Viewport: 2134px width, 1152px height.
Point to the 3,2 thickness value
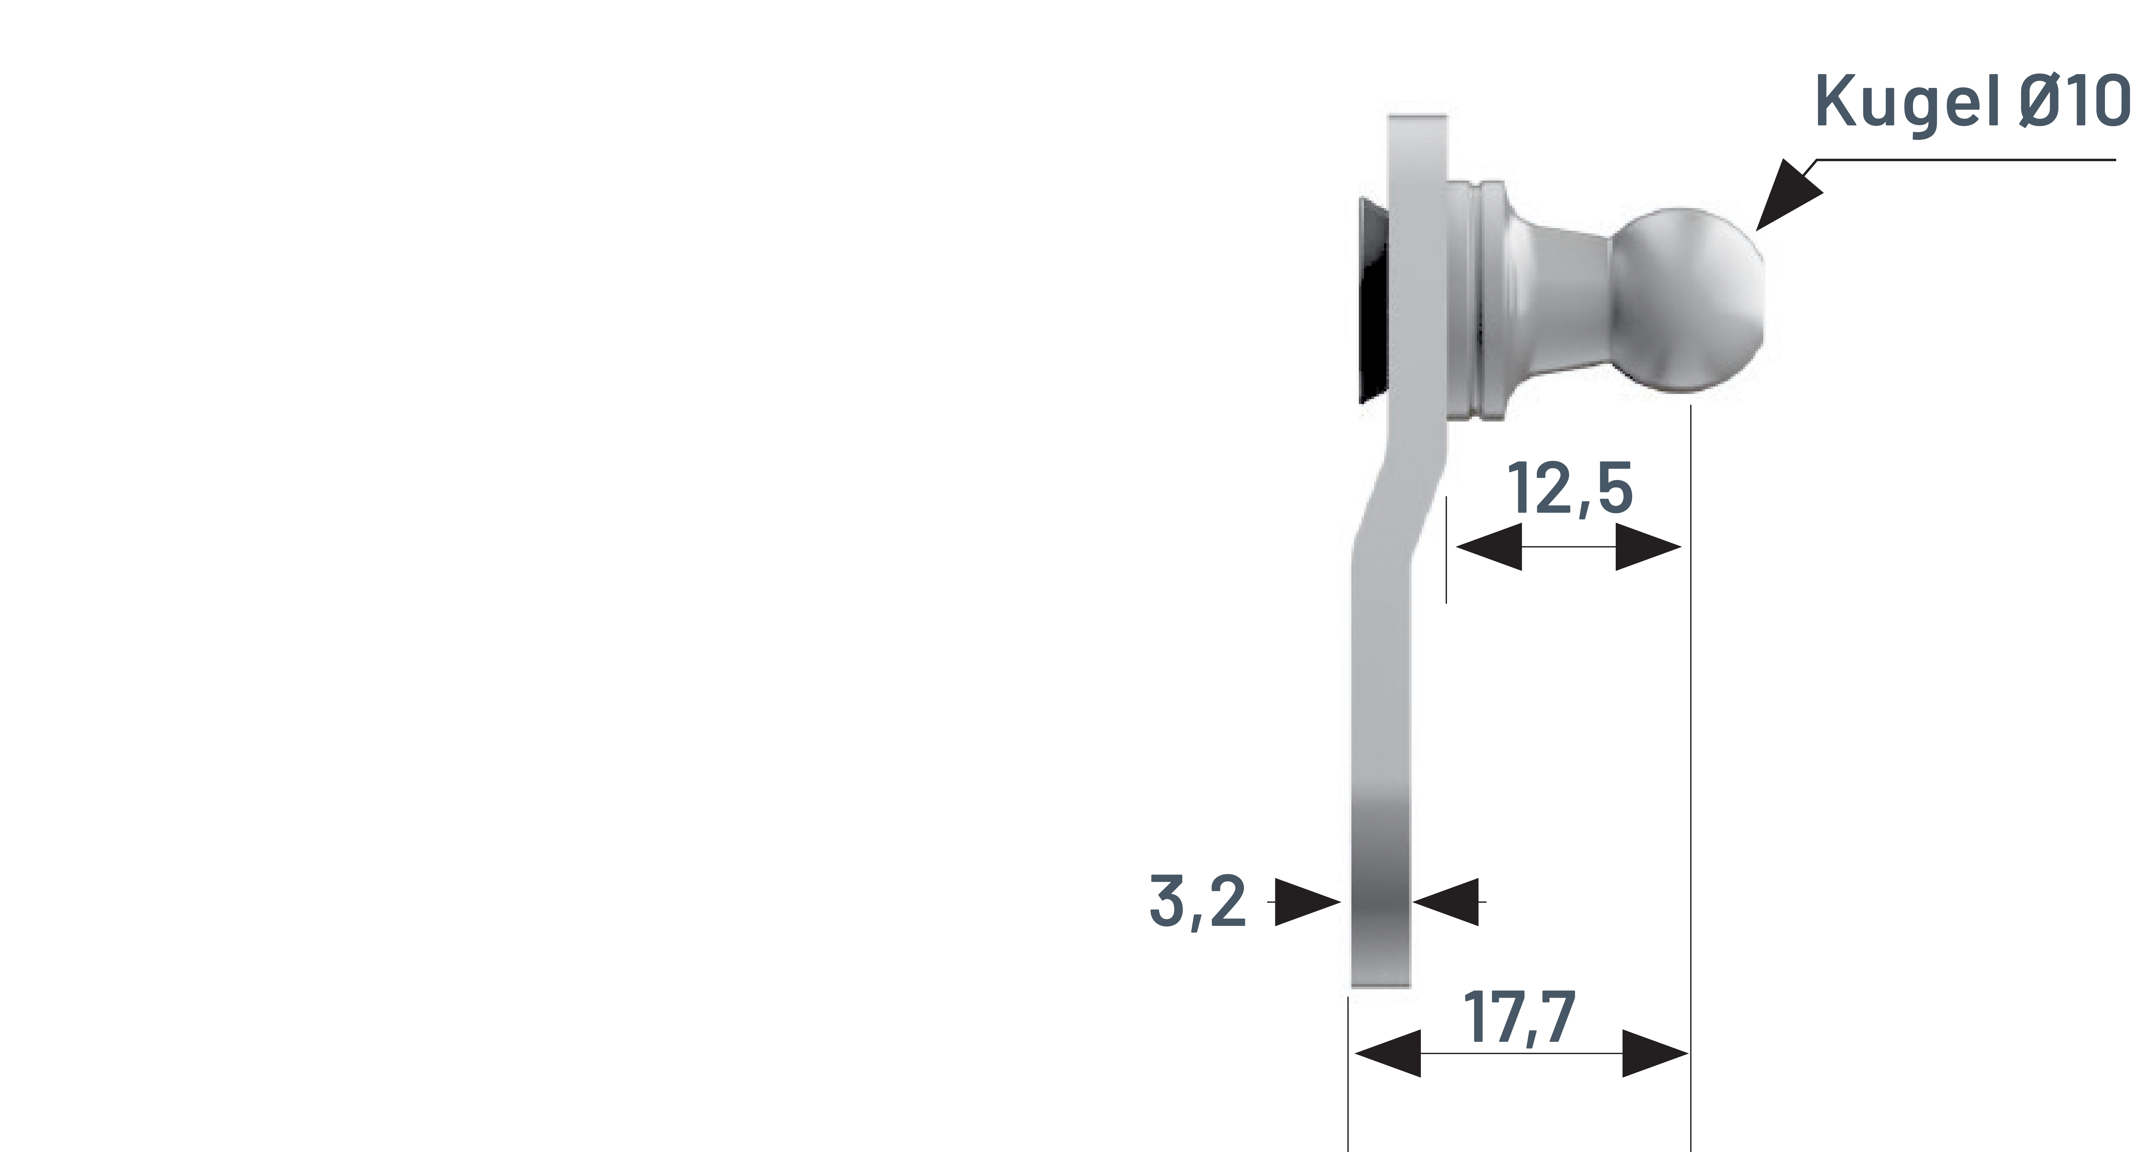point(1197,901)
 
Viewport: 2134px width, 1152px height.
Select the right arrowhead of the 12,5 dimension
point(1648,547)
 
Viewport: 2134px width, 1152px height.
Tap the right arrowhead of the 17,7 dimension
point(1655,1054)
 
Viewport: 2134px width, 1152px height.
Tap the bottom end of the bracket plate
point(1380,977)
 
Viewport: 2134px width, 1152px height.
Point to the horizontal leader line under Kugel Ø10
point(1963,160)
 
